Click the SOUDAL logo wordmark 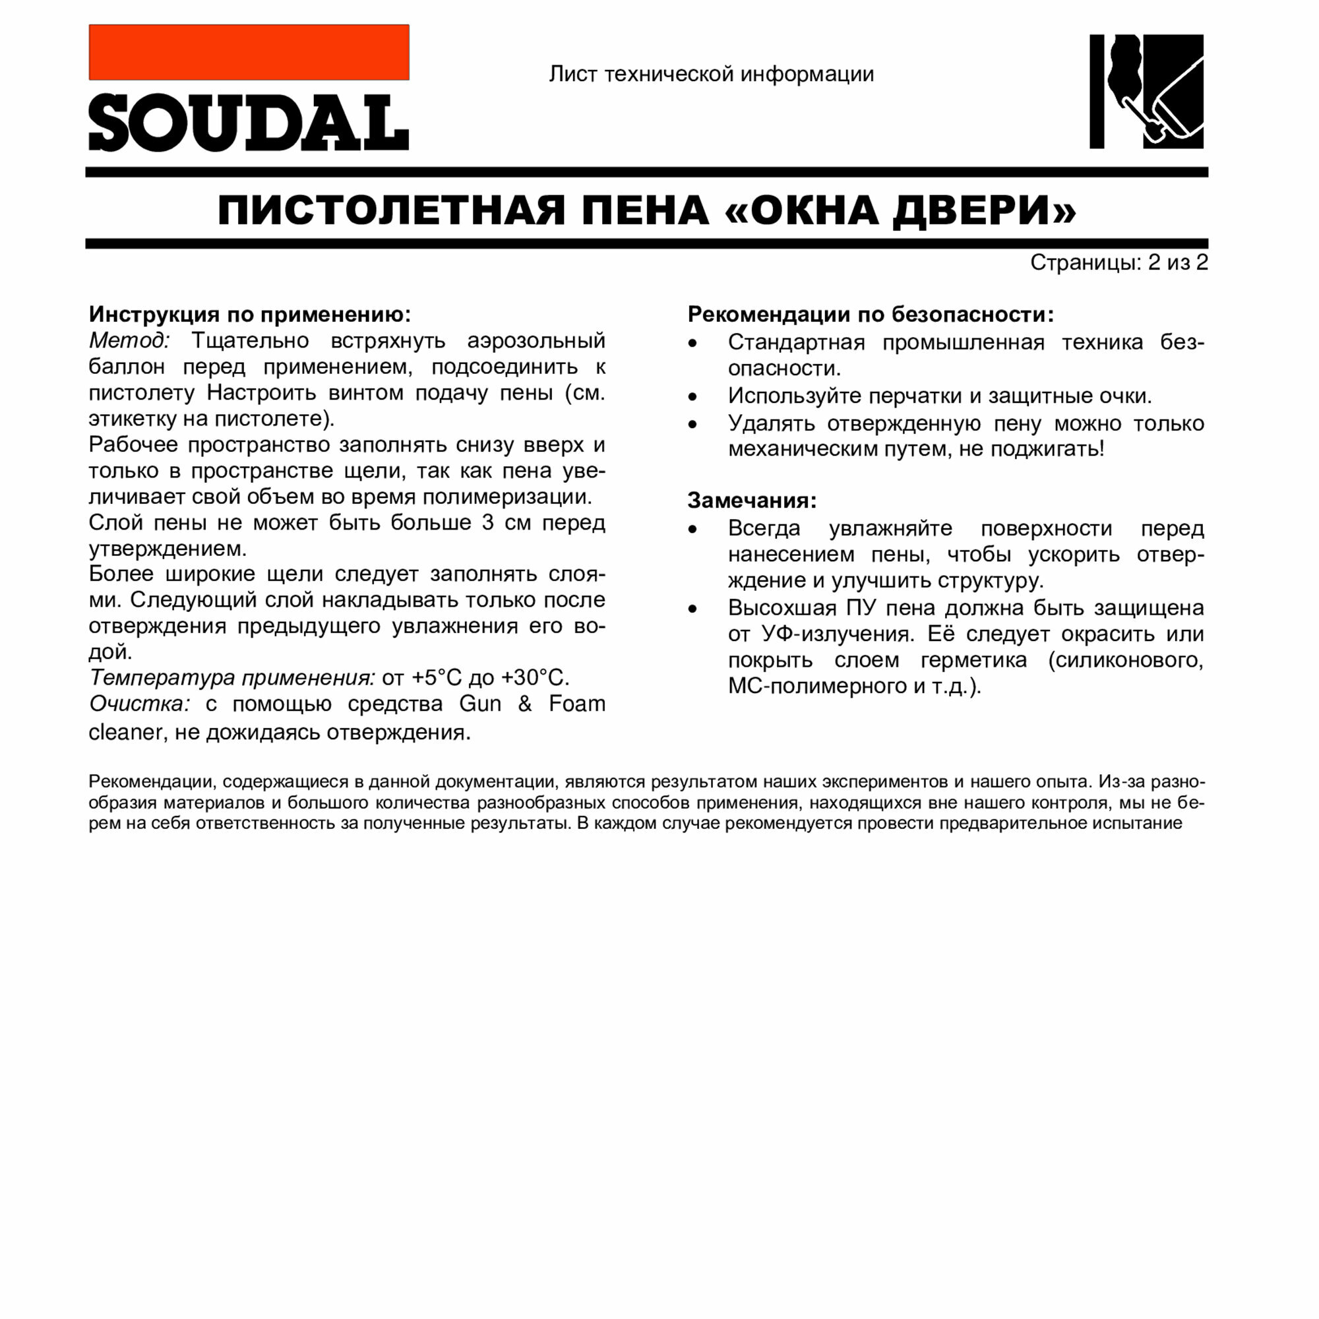[x=249, y=123]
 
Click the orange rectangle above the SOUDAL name [x=249, y=53]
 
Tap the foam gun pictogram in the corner [x=1146, y=91]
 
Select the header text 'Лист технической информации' [x=712, y=74]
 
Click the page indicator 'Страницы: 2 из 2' [x=1119, y=262]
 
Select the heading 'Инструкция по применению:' [x=250, y=314]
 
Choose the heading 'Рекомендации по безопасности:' [x=871, y=314]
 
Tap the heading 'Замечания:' [x=752, y=501]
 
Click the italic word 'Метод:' [x=129, y=340]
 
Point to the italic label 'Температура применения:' [x=232, y=677]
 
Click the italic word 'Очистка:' [x=139, y=703]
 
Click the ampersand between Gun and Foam [x=524, y=703]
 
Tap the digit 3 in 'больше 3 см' [x=487, y=522]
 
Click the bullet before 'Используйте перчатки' [x=693, y=396]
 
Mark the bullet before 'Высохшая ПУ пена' [x=693, y=608]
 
